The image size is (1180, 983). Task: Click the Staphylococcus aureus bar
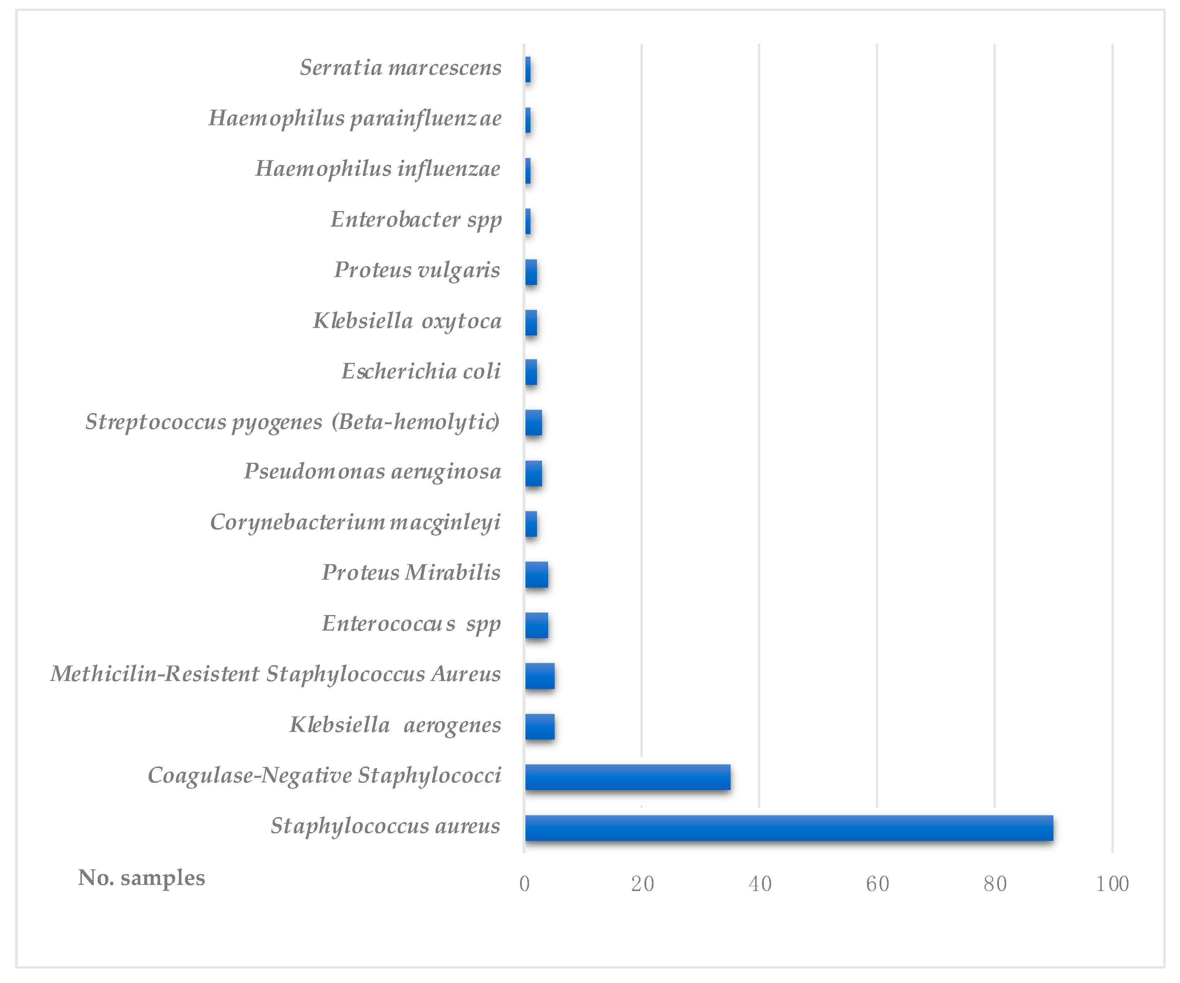coord(789,828)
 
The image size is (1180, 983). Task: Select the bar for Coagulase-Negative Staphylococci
coord(628,777)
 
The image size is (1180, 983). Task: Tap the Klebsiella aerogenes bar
coord(540,727)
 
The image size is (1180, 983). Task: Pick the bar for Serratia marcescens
coord(528,70)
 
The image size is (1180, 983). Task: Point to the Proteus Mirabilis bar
coord(537,575)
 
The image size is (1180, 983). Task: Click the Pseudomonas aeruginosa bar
coord(533,473)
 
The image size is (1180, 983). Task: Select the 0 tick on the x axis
coord(524,884)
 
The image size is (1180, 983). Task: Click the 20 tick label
coord(642,884)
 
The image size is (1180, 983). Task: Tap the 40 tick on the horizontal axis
coord(760,884)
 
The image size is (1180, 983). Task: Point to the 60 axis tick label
coord(877,884)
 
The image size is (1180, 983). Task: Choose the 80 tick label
coord(995,884)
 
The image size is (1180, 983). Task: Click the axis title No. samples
coord(142,878)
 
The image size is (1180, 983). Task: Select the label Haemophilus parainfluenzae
coord(355,119)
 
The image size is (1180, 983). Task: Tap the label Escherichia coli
coord(421,372)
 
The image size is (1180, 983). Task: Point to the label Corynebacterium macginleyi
coord(355,523)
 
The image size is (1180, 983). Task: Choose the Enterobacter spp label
coord(416,220)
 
